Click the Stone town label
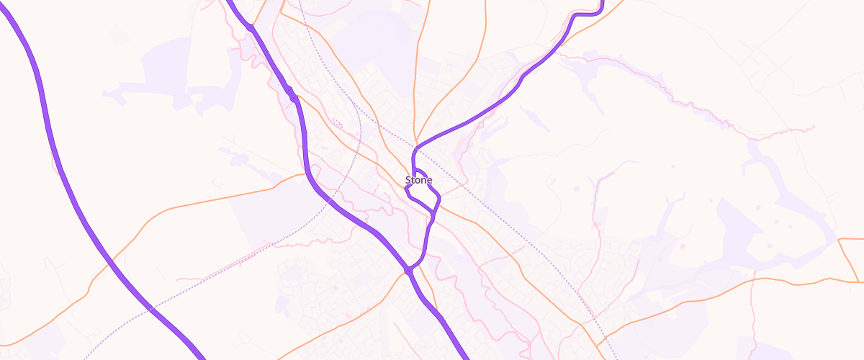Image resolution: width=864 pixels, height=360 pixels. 418,180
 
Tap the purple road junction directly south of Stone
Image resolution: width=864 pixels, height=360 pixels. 408,271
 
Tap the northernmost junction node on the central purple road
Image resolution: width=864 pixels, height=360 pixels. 250,27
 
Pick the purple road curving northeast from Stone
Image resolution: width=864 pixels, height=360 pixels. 490,108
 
